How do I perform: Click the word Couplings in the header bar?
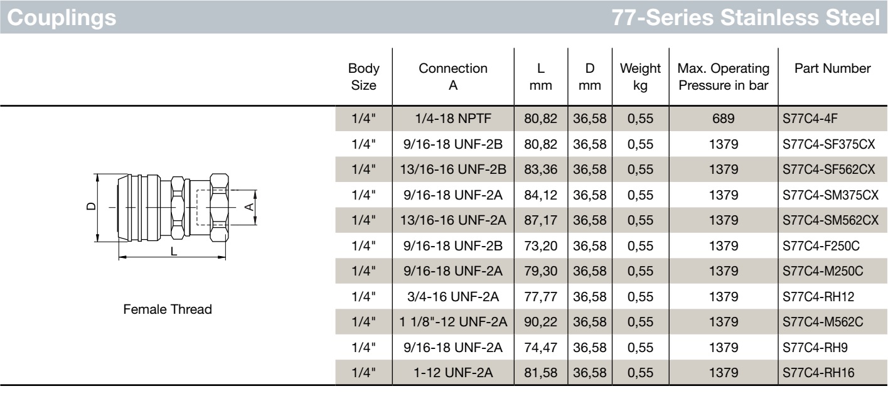[62, 18]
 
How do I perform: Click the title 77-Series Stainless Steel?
[746, 18]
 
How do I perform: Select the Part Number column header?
[833, 68]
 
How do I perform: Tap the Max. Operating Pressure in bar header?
[724, 77]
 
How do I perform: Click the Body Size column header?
[363, 77]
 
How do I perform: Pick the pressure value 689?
[724, 119]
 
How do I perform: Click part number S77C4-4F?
[810, 119]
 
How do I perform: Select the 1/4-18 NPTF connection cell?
[453, 119]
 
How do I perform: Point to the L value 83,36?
[541, 169]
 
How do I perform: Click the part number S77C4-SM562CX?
[830, 220]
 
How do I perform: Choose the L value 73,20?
[541, 246]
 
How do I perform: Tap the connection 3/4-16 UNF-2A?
[453, 296]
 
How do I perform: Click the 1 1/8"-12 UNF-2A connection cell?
[453, 322]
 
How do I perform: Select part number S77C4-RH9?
[815, 347]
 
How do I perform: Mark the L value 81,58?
[541, 373]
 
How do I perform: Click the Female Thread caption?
[168, 309]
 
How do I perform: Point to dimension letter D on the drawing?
[91, 206]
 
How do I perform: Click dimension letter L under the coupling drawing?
[174, 251]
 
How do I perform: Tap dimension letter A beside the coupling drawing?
[249, 206]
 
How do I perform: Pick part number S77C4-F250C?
[821, 246]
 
